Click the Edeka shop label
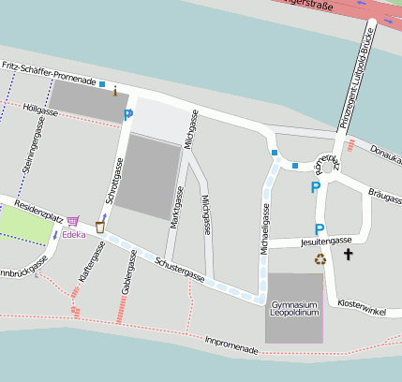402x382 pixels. [73, 234]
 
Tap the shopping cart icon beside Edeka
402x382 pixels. [72, 221]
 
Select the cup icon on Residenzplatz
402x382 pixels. [100, 227]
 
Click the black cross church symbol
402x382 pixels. [349, 254]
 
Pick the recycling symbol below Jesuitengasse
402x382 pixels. [320, 259]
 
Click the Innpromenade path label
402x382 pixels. [231, 347]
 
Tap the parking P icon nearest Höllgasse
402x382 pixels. [128, 114]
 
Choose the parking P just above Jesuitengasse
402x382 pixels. [320, 228]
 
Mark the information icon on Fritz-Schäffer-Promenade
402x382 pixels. [114, 91]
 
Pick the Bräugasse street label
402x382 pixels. [385, 196]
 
